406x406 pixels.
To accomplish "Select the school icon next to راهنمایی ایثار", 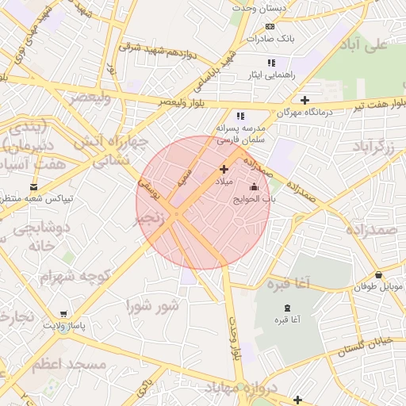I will (x=271, y=62).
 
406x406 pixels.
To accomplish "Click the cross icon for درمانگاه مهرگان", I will (x=304, y=99).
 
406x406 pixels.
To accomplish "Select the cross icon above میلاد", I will (x=224, y=168).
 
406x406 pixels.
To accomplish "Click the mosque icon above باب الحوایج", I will (x=254, y=187).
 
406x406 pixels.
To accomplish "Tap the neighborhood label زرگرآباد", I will (x=373, y=147).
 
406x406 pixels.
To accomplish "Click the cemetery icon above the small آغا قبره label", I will (x=287, y=307).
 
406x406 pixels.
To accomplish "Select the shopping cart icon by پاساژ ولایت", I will (x=63, y=314).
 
